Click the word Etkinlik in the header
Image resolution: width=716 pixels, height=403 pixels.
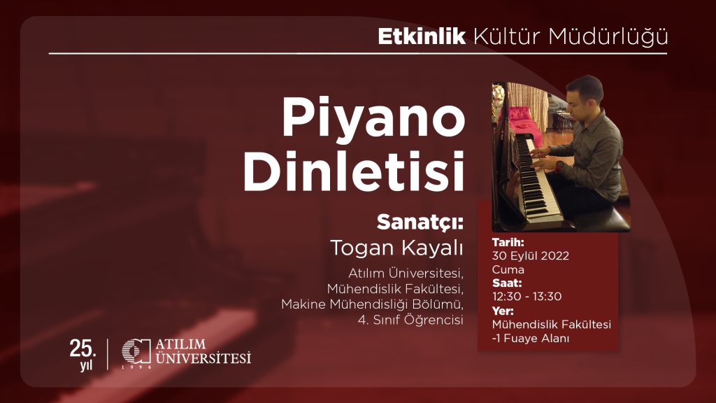pyautogui.click(x=421, y=36)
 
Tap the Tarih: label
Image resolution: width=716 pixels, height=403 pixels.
pyautogui.click(x=508, y=243)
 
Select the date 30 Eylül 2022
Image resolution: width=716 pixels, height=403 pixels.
pyautogui.click(x=530, y=256)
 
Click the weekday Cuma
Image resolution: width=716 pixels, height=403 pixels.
pyautogui.click(x=508, y=269)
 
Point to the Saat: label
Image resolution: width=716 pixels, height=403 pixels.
pyautogui.click(x=508, y=283)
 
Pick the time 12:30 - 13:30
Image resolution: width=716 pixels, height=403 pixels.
pyautogui.click(x=527, y=297)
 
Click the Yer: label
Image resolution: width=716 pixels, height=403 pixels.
pyautogui.click(x=503, y=311)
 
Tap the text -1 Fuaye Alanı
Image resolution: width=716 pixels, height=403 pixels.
pyautogui.click(x=531, y=339)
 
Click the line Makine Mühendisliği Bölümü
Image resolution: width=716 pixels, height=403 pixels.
pyautogui.click(x=373, y=304)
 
